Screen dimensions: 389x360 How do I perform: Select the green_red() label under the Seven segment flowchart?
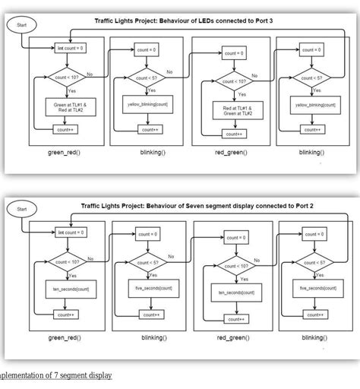pyautogui.click(x=65, y=337)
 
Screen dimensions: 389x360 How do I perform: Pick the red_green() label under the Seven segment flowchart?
pyautogui.click(x=232, y=337)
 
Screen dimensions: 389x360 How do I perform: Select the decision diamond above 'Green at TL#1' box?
pyautogui.click(x=67, y=76)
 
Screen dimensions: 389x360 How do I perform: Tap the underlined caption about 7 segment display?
pyautogui.click(x=56, y=376)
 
